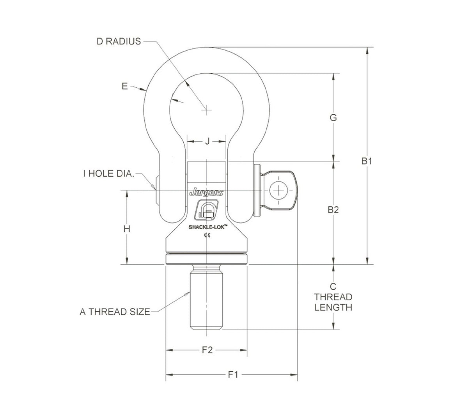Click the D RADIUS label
pos(119,41)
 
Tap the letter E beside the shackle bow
pos(124,86)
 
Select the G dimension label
pos(333,117)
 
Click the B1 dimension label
pos(367,161)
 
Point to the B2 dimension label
pos(333,210)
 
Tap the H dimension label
pos(127,229)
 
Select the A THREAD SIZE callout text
pos(115,312)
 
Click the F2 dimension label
pos(207,350)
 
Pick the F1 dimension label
pos(233,375)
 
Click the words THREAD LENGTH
pos(333,302)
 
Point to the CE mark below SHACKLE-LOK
pos(207,235)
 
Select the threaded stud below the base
pos(206,298)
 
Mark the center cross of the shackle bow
pos(206,110)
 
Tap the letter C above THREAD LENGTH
pos(333,286)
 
